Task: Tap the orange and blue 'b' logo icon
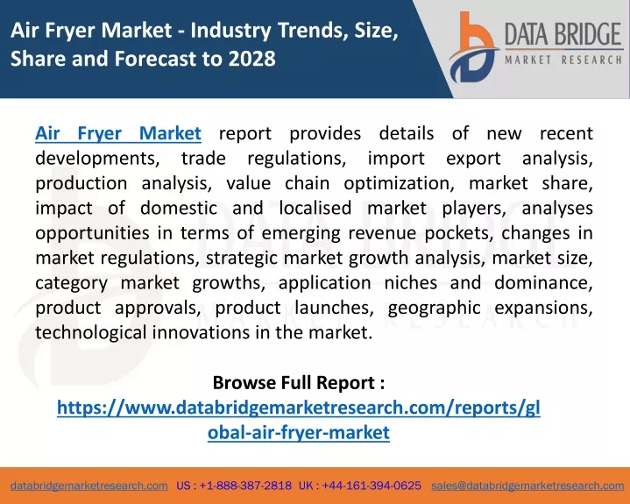(473, 47)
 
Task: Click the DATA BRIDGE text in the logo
(563, 34)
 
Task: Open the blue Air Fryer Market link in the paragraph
(118, 133)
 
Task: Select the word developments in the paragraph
(97, 159)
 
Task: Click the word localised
(315, 209)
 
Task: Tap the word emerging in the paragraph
(301, 233)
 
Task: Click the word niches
(411, 283)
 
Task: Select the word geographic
(434, 308)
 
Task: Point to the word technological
(91, 333)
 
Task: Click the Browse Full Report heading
(299, 382)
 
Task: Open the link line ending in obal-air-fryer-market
(299, 432)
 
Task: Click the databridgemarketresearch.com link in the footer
(89, 486)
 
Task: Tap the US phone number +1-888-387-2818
(245, 486)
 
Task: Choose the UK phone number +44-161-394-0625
(372, 486)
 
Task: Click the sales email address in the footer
(527, 486)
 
